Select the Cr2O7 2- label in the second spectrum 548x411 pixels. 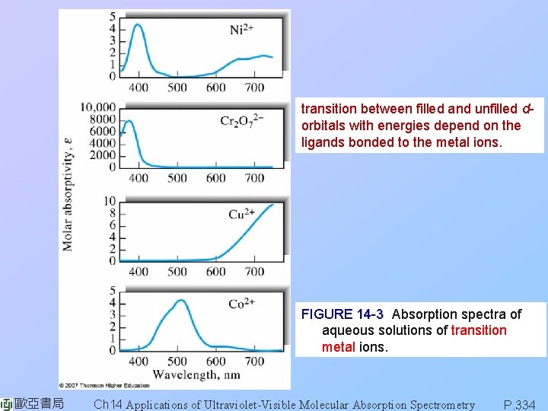[243, 120]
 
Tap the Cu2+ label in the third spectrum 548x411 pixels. [241, 214]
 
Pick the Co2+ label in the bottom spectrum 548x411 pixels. [241, 304]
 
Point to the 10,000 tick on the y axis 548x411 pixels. [97, 107]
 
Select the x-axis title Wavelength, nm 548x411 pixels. [196, 374]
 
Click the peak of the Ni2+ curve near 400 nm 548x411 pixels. [138, 25]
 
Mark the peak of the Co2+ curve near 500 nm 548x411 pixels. [180, 301]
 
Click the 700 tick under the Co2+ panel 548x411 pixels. [254, 361]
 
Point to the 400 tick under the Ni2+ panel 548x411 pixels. [139, 88]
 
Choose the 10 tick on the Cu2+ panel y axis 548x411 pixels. [110, 201]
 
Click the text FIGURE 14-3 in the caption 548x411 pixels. [342, 314]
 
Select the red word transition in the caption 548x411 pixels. [479, 330]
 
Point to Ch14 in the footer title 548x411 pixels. [107, 404]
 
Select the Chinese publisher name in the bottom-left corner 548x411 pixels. [38, 403]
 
